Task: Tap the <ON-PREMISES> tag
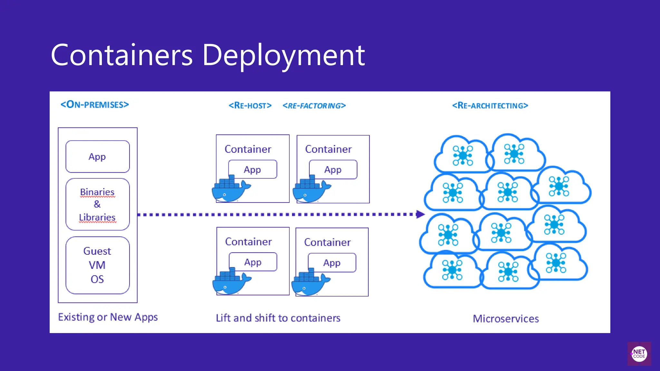click(x=95, y=105)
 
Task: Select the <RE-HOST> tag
click(x=250, y=106)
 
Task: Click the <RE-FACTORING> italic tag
click(x=314, y=106)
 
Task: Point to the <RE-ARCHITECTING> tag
click(x=490, y=106)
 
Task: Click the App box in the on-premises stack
click(x=97, y=157)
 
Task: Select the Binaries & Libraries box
click(x=97, y=204)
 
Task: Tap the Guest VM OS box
click(x=97, y=265)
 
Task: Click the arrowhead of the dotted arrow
click(x=420, y=214)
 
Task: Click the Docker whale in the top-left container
click(x=229, y=190)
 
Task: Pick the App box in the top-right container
click(x=333, y=169)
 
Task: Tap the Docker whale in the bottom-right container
click(x=309, y=283)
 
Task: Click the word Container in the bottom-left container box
click(x=248, y=242)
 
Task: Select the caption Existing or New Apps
click(x=108, y=317)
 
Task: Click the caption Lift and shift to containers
click(x=278, y=318)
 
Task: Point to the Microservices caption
click(x=506, y=319)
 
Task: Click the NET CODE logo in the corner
click(x=639, y=354)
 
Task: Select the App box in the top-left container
click(x=252, y=169)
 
